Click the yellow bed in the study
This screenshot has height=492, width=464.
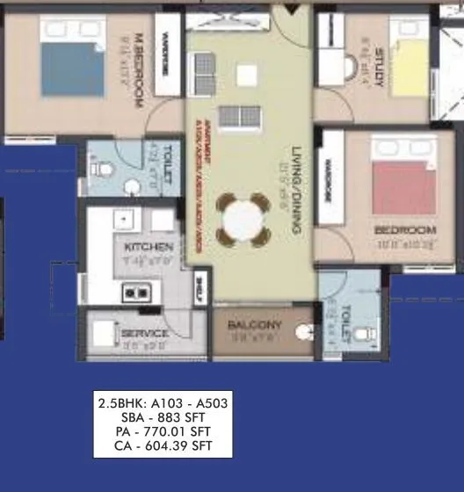[x=410, y=67]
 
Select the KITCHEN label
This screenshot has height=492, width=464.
[x=149, y=247]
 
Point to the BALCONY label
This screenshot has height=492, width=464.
[x=254, y=325]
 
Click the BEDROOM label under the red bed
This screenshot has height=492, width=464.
[x=404, y=230]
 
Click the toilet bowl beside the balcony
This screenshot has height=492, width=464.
[x=305, y=331]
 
